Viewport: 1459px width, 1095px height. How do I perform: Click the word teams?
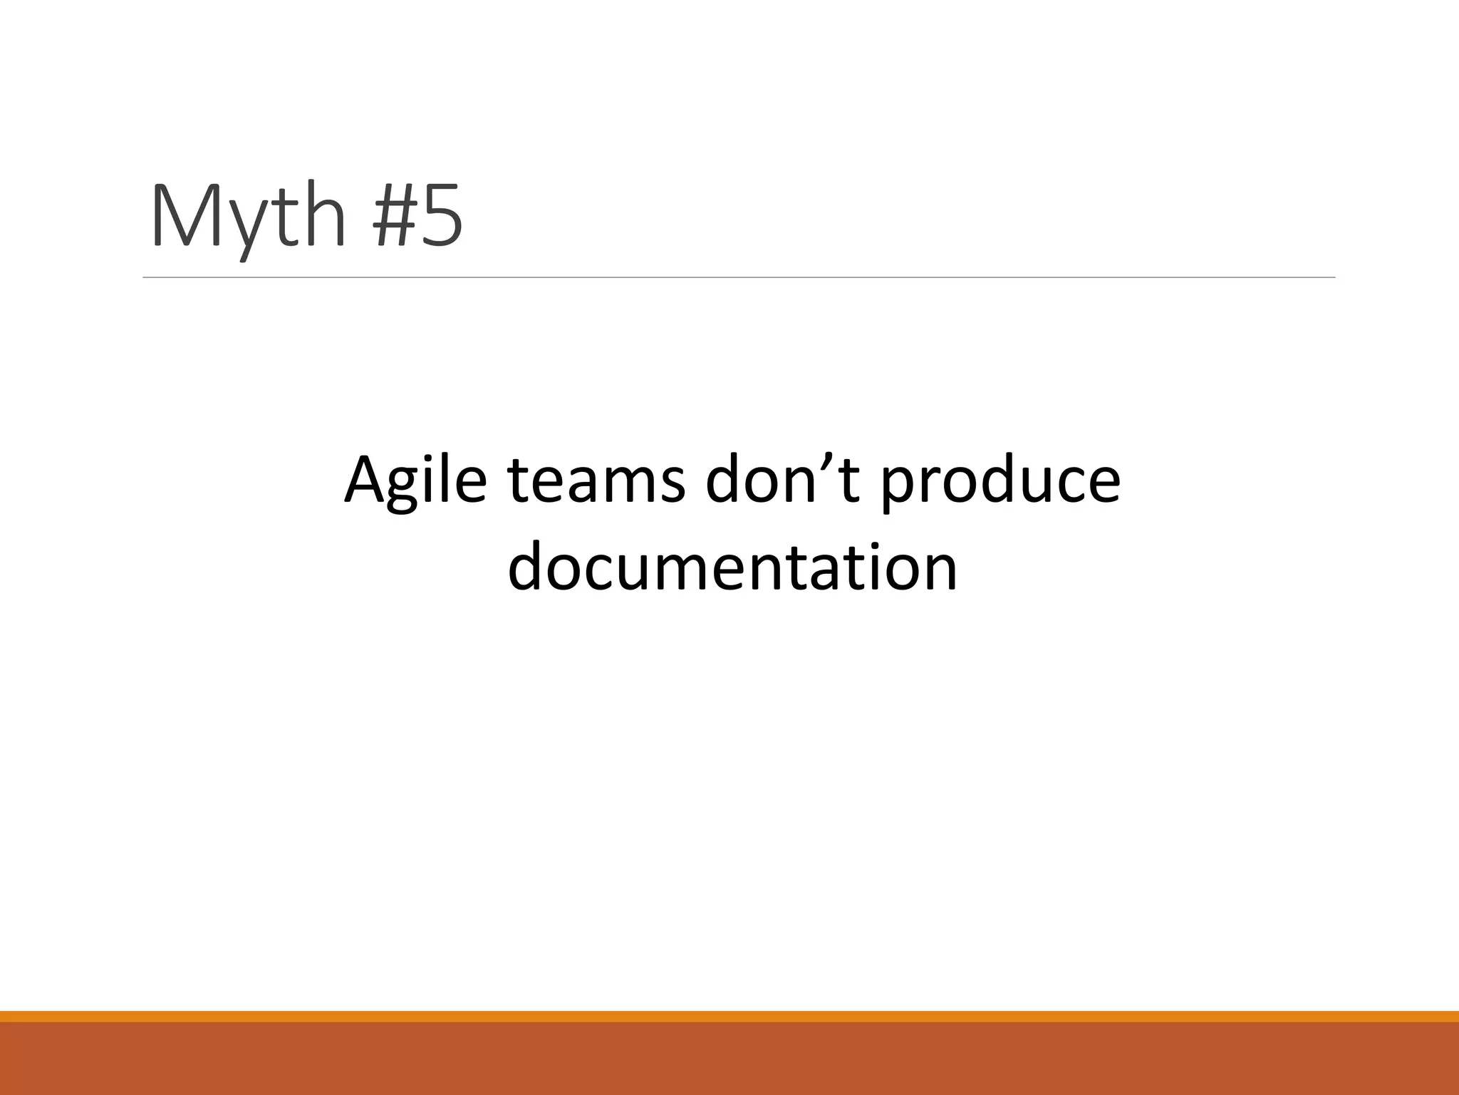pyautogui.click(x=596, y=480)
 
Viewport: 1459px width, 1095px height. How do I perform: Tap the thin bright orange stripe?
pyautogui.click(x=729, y=1016)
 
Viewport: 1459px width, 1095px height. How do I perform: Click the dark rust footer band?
pyautogui.click(x=729, y=1059)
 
